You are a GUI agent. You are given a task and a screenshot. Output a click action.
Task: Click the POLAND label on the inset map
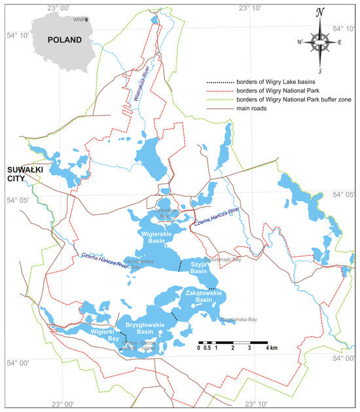coord(64,39)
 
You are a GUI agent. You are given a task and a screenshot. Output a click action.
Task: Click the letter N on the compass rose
coord(319,12)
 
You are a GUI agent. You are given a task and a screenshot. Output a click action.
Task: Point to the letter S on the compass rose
coord(319,70)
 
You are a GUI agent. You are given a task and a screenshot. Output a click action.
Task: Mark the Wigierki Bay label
coord(105,335)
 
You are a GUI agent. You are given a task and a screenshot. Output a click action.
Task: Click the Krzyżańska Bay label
coord(239,319)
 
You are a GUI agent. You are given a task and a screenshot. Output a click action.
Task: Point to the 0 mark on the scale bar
coord(198,348)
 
